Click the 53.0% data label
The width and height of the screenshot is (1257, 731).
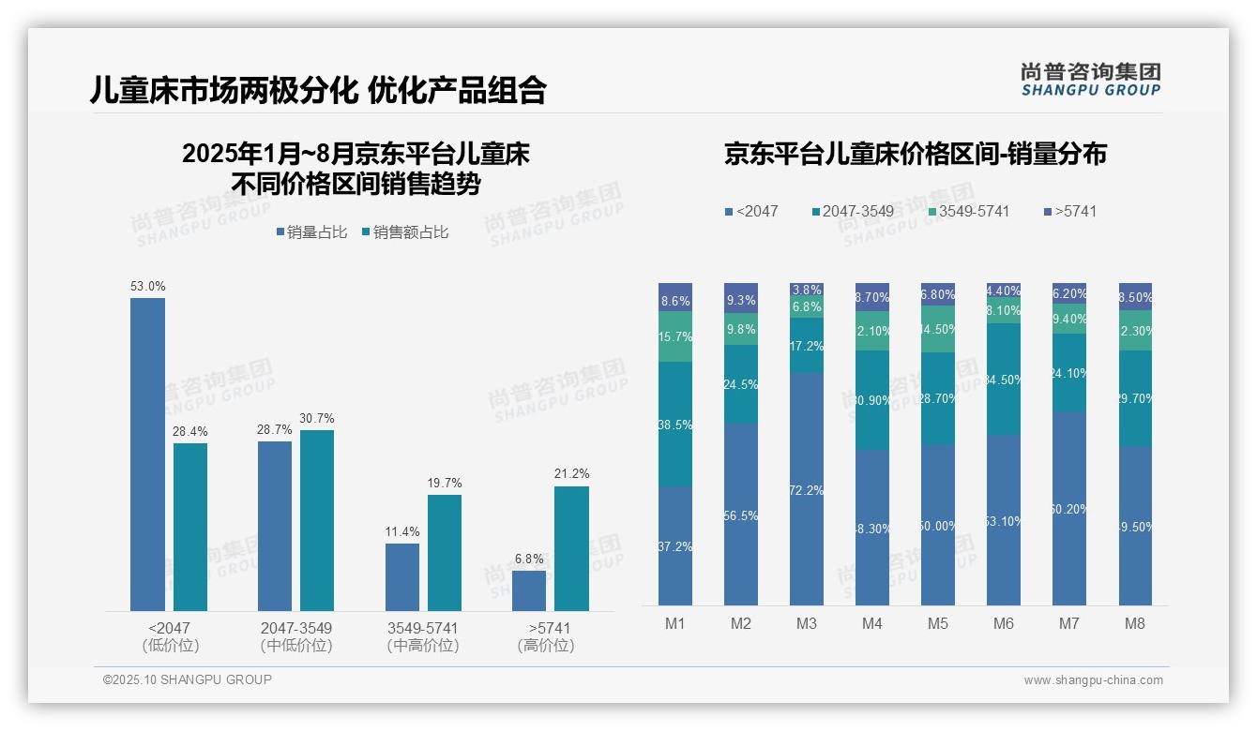pos(147,286)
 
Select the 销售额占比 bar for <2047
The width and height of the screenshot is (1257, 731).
pos(190,527)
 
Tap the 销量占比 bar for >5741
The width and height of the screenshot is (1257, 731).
pos(529,590)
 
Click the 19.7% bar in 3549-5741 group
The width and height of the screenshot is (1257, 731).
pos(445,552)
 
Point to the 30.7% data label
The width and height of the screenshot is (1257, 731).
pos(317,418)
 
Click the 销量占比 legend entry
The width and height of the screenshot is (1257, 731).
pos(311,232)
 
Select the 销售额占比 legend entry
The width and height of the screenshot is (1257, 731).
pos(404,232)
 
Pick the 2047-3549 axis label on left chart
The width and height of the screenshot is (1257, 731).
pos(295,627)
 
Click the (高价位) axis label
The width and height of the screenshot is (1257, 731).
pos(545,646)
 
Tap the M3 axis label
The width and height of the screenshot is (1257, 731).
pos(807,623)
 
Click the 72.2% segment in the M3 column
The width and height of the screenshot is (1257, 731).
pos(807,488)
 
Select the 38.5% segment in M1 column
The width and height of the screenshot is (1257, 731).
pos(675,425)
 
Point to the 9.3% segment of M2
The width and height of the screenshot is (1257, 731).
pos(741,298)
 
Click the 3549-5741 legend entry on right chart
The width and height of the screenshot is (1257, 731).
pos(969,211)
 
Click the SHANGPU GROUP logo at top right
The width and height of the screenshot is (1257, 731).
pos(1090,80)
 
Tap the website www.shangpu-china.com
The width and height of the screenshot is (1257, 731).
pos(1093,680)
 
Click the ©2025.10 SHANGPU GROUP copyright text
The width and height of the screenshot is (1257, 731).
pos(188,679)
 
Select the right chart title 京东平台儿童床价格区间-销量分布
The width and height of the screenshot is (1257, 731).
pos(915,154)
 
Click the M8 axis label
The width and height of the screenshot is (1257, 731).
pos(1135,623)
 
